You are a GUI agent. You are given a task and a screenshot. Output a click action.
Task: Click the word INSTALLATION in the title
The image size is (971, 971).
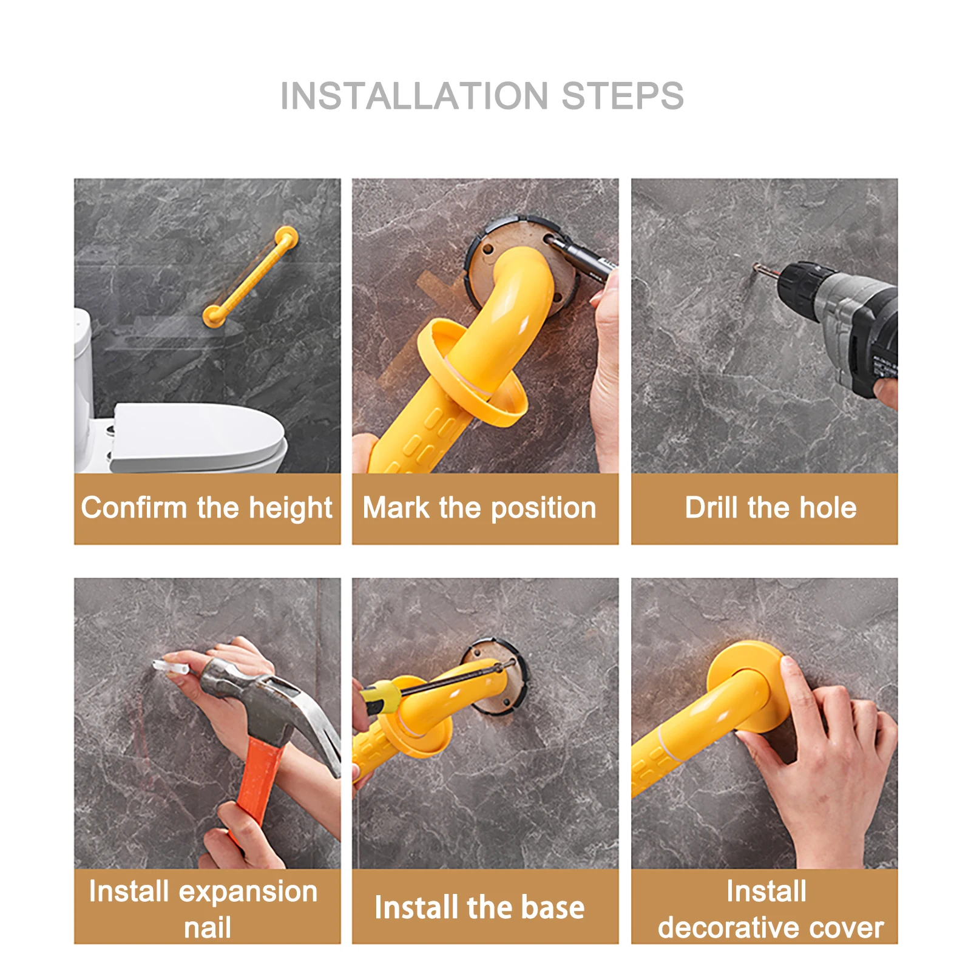tap(414, 96)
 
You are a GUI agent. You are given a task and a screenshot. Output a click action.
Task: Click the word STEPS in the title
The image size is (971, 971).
tap(623, 96)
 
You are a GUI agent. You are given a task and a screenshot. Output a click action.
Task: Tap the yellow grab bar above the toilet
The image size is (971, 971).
tap(250, 276)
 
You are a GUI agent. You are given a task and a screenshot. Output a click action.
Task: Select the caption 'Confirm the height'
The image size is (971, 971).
tap(207, 508)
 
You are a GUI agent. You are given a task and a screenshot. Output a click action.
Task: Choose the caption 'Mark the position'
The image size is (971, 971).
tap(479, 508)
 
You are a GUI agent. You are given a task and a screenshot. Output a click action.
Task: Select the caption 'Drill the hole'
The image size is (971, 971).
tap(771, 508)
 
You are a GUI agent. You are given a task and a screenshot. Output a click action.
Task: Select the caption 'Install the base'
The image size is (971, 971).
tap(479, 908)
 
